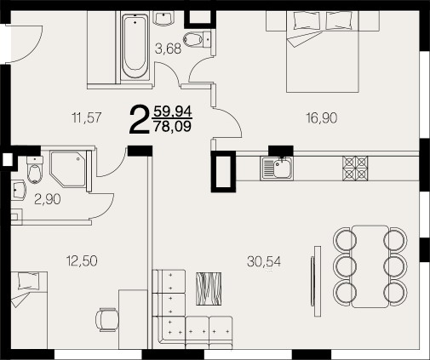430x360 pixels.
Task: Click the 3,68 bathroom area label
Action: (x=168, y=49)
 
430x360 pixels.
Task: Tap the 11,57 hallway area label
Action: (x=87, y=117)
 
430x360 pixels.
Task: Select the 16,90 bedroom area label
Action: (x=322, y=117)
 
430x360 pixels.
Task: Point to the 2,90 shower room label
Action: (x=48, y=199)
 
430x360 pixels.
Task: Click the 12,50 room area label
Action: (x=82, y=260)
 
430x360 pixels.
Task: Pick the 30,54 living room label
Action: (x=264, y=261)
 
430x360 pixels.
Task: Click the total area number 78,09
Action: (x=172, y=126)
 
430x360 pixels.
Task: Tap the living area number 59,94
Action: (x=173, y=111)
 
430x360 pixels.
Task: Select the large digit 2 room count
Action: (x=139, y=118)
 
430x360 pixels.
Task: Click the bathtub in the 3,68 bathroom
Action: (x=135, y=45)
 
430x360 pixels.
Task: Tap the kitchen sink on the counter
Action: (x=277, y=169)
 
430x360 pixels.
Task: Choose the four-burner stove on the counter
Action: (x=355, y=169)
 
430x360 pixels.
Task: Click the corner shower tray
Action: (x=68, y=169)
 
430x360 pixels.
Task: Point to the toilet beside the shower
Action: (x=35, y=169)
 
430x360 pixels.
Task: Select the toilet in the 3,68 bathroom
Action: (x=198, y=39)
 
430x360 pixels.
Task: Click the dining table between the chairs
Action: (x=370, y=266)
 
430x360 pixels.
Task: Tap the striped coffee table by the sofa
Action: (x=209, y=289)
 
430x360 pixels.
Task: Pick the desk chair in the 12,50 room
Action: (x=106, y=320)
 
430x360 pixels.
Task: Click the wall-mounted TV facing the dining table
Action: (x=316, y=281)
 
